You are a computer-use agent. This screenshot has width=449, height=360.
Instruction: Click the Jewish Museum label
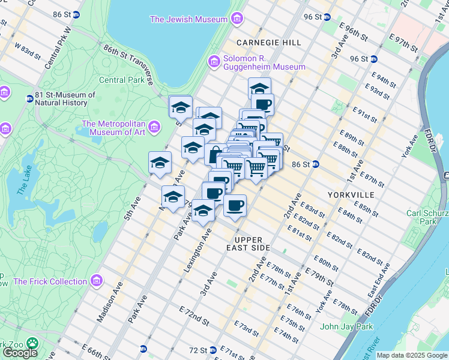188,19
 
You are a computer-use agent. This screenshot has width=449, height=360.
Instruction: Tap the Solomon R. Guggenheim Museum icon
214,61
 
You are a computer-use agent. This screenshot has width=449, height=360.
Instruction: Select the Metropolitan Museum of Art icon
154,127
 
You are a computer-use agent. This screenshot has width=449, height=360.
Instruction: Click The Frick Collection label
50,281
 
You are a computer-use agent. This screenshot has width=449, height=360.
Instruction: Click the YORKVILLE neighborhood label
351,195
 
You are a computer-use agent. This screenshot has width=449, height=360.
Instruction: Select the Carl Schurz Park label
427,217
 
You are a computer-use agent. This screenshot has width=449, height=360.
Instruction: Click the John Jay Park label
346,326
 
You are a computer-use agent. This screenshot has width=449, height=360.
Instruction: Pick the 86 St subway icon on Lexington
315,164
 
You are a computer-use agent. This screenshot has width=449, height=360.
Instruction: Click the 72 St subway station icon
212,350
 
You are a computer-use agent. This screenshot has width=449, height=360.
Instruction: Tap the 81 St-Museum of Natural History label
65,99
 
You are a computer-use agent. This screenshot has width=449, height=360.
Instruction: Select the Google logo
20,352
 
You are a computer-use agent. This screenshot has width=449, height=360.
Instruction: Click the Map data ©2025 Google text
412,355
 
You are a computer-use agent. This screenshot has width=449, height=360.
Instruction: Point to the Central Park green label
121,80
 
